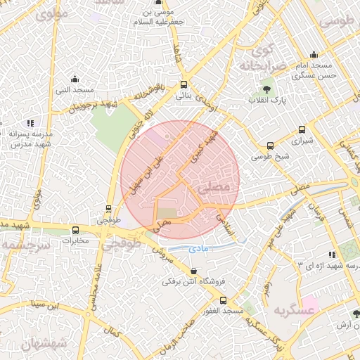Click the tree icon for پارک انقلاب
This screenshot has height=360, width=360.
click(267, 89)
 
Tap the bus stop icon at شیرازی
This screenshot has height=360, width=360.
click(302, 129)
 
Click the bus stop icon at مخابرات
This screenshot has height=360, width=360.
click(76, 230)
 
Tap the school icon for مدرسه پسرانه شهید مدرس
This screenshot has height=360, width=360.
click(30, 123)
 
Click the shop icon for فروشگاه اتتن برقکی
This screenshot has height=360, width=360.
click(194, 271)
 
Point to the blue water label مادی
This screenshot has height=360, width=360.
click(199, 249)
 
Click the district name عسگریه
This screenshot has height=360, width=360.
click(292, 310)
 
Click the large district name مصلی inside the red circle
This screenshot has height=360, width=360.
click(214, 188)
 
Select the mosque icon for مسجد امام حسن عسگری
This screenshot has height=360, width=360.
click(314, 55)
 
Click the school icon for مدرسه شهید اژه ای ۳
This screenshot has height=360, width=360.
click(330, 255)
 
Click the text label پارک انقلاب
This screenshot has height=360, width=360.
click(266, 101)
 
